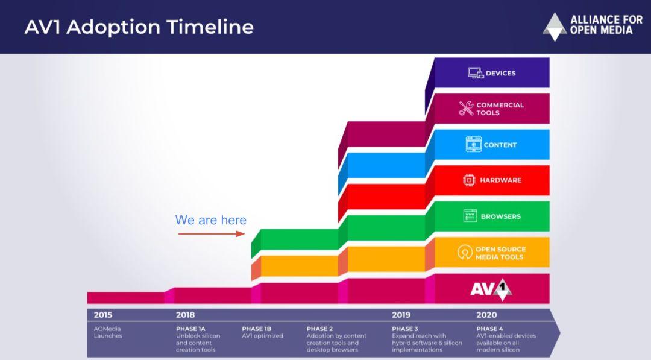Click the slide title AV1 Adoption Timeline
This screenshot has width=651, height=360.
click(139, 27)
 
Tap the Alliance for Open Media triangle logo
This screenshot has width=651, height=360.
click(555, 27)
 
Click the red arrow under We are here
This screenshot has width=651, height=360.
click(212, 234)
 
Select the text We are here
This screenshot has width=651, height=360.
click(210, 220)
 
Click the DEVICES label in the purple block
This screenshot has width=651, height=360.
click(501, 73)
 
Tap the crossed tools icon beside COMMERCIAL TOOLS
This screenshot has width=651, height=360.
click(466, 109)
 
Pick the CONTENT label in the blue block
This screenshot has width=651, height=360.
click(500, 145)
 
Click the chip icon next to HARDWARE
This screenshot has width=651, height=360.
click(469, 180)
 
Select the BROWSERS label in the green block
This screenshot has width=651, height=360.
click(501, 216)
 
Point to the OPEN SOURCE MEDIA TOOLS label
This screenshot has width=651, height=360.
click(500, 253)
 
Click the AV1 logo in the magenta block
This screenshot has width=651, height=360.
click(491, 289)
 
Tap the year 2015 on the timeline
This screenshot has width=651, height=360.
click(103, 315)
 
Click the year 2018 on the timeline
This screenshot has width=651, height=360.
click(185, 315)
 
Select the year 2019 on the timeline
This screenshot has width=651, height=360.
click(401, 315)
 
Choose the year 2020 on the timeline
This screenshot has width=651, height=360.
click(486, 315)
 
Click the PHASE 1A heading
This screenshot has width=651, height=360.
click(190, 329)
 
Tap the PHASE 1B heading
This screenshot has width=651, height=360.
click(257, 329)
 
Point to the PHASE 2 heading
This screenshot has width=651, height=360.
click(319, 329)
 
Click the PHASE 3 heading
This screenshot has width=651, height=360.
click(405, 329)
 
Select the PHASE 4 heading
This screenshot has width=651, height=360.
click(490, 329)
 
